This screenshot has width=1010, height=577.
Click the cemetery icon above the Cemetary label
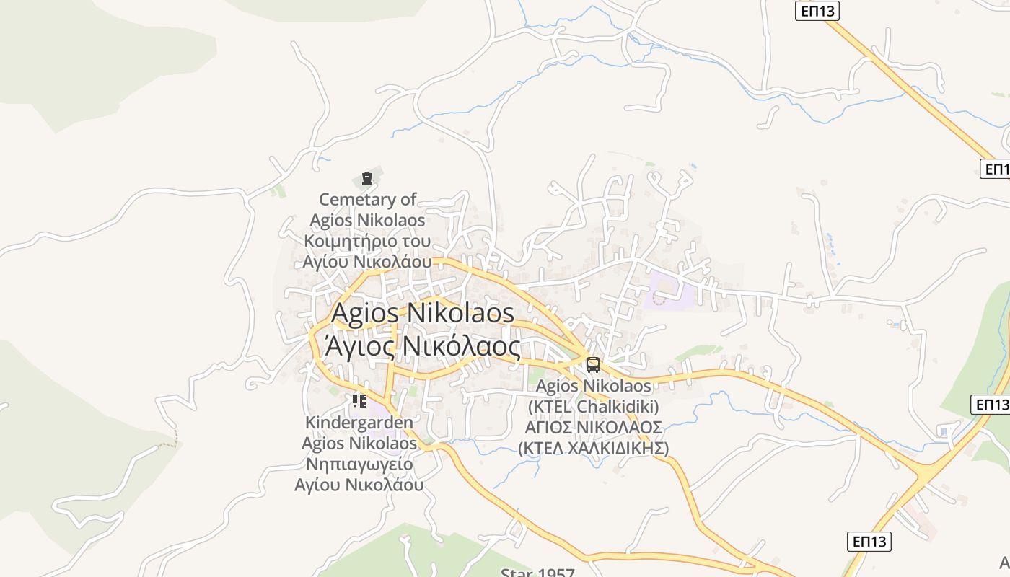tap(367, 177)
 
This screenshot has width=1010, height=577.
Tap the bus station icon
tap(592, 365)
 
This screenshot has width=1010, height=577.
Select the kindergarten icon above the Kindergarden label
tap(359, 400)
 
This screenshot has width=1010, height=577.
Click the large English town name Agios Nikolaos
tap(422, 314)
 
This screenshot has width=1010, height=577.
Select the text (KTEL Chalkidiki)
tap(593, 407)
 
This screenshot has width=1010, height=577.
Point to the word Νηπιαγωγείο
tap(359, 464)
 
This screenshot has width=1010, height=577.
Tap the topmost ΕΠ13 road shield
tap(817, 11)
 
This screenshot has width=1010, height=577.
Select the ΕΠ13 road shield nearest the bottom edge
tap(869, 541)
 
